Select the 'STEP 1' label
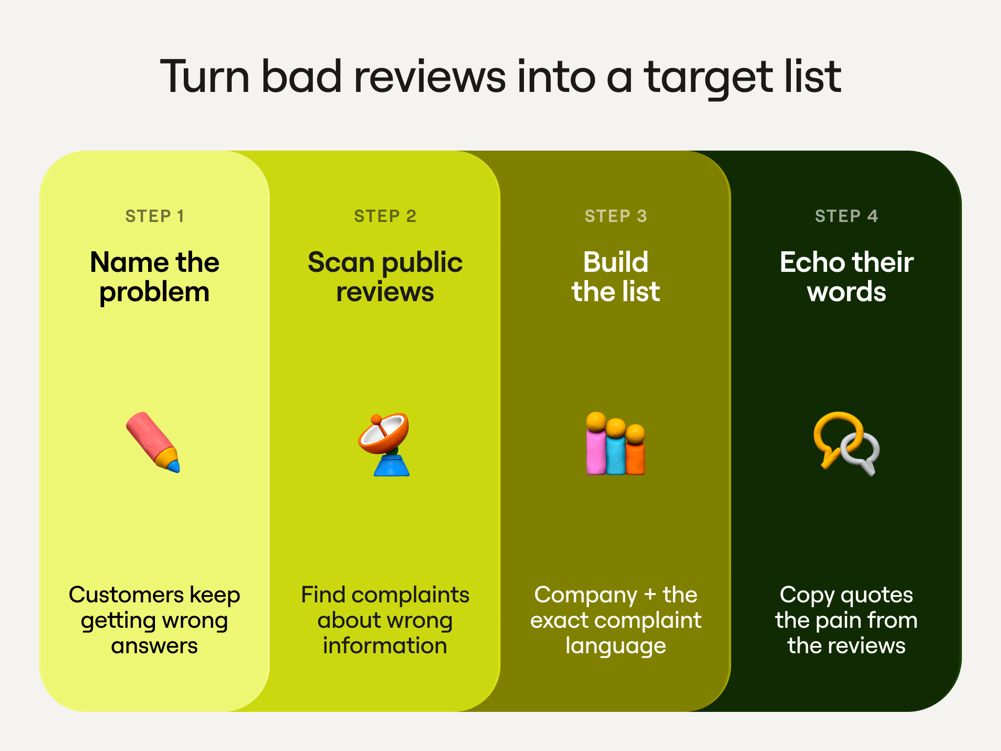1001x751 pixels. tap(155, 216)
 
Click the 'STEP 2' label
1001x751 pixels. tap(385, 216)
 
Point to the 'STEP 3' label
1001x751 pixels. tap(616, 216)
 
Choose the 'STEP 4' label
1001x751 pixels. tap(847, 216)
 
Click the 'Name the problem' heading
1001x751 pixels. tap(154, 277)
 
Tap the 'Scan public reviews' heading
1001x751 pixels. tap(385, 277)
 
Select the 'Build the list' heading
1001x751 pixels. tap(616, 277)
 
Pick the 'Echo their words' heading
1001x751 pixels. tap(847, 277)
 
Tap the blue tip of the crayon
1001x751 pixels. tap(174, 466)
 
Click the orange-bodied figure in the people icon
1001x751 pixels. tap(635, 450)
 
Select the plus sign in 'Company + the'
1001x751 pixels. tap(650, 596)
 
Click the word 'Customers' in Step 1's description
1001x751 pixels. tap(126, 595)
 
